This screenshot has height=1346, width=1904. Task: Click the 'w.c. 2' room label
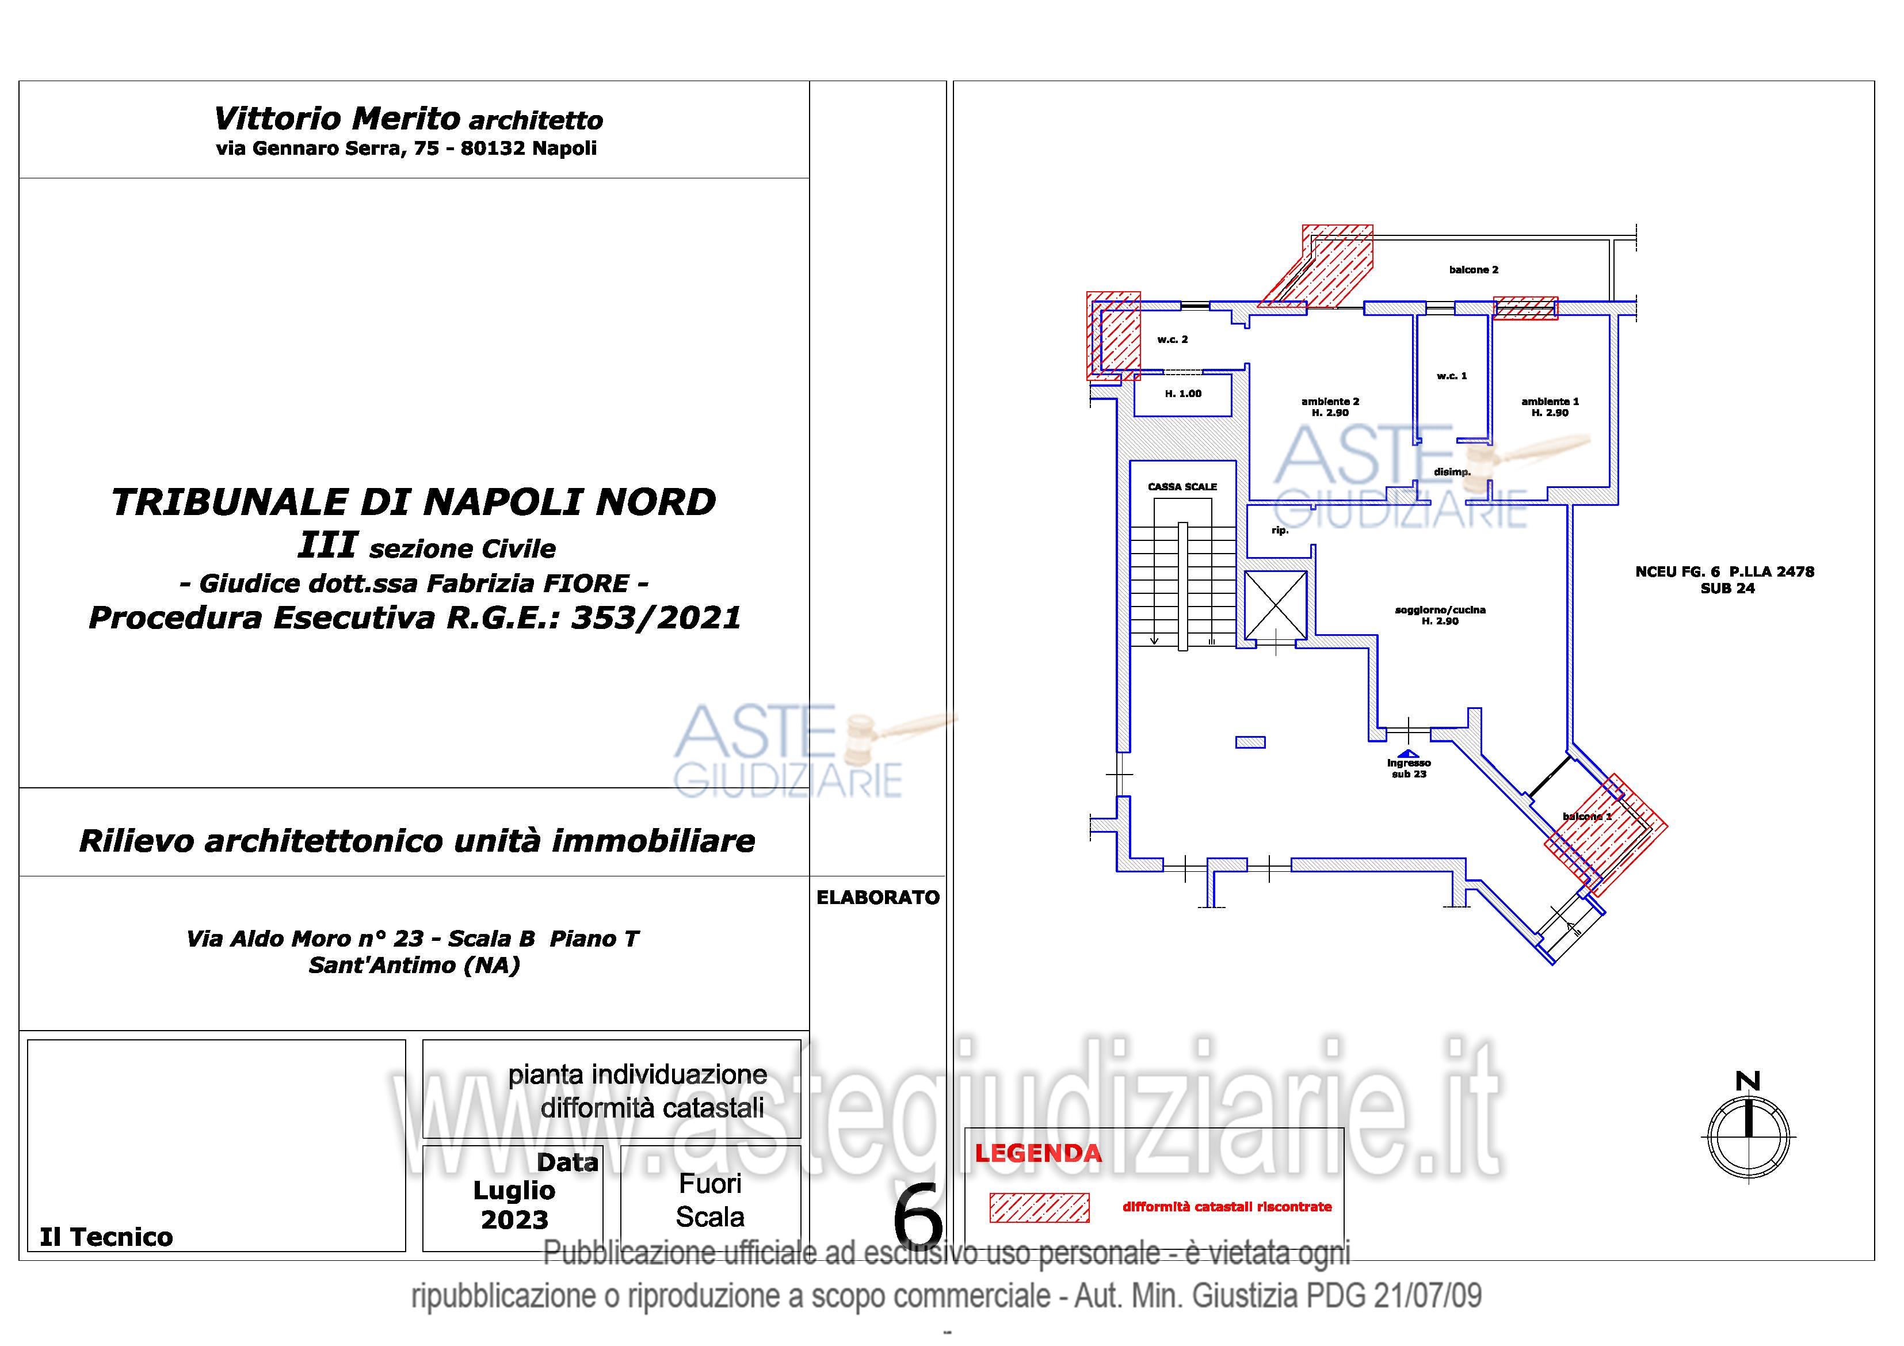(x=1173, y=339)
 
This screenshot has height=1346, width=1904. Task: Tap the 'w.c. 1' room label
(x=1452, y=376)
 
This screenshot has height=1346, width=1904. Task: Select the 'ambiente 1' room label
(x=1550, y=402)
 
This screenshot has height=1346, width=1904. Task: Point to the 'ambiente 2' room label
(x=1330, y=402)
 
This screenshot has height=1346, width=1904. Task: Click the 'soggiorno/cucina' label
(x=1440, y=609)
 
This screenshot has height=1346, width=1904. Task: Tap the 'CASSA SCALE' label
(x=1182, y=487)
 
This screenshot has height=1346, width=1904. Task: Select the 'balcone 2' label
(x=1474, y=269)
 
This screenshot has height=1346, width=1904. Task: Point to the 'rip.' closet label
(x=1280, y=530)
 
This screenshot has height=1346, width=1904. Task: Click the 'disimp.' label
(x=1452, y=472)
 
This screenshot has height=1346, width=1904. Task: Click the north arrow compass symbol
(x=1747, y=1134)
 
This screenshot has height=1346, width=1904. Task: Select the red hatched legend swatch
(x=1039, y=1207)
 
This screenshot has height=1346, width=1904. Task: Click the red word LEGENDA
(x=1038, y=1153)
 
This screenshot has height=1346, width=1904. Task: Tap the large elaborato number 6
(x=918, y=1216)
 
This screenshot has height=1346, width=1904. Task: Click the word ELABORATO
(x=878, y=897)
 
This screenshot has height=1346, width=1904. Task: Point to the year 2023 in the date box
(x=514, y=1220)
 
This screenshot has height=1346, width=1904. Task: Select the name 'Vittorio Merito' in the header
(x=337, y=119)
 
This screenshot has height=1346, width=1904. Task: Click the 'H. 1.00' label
(x=1184, y=394)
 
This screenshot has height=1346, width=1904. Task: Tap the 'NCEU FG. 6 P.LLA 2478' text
(x=1725, y=571)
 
